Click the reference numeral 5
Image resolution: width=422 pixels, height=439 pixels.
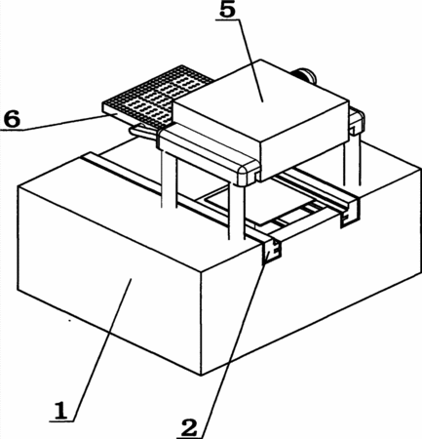tap(227, 10)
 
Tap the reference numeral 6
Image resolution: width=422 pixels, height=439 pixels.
tap(12, 119)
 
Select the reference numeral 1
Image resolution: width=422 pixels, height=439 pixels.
tap(60, 411)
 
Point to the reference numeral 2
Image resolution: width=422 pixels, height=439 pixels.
tap(189, 428)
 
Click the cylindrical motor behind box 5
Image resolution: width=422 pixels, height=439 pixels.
tap(305, 75)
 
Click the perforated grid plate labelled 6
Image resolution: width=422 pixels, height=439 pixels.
tap(156, 97)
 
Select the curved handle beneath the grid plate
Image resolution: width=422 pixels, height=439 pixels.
tap(143, 131)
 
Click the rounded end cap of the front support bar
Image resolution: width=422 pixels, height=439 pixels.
tap(249, 175)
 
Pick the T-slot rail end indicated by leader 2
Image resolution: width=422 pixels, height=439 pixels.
tap(271, 251)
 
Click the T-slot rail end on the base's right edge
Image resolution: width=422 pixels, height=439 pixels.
tap(349, 214)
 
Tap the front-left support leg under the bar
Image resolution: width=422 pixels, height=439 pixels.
tap(169, 179)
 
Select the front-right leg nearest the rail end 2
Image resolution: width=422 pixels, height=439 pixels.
tap(237, 212)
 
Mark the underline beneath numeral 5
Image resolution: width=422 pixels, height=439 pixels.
tap(227, 20)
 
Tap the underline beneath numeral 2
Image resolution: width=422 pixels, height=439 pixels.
tap(190, 438)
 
